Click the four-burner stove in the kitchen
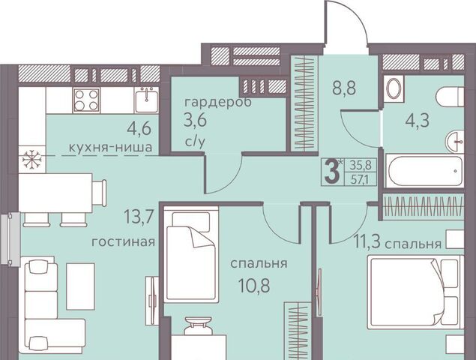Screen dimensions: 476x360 (86, 100)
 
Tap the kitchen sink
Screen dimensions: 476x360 (147, 100)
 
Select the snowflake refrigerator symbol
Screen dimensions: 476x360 (32, 159)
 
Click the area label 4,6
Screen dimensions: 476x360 (139, 128)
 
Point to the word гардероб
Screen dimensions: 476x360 (218, 102)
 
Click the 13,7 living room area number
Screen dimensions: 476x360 (138, 217)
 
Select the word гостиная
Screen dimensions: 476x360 (123, 241)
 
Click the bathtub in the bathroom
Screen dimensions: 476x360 (424, 170)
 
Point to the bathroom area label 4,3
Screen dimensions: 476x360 (418, 120)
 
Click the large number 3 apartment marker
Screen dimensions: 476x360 (332, 171)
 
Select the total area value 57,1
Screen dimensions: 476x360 (359, 180)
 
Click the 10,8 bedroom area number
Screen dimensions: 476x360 (254, 286)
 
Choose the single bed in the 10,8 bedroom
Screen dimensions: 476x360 (191, 255)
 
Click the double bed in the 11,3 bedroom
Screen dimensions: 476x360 (415, 292)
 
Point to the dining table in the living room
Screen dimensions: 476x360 (55, 193)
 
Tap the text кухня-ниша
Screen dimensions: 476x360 (110, 148)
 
